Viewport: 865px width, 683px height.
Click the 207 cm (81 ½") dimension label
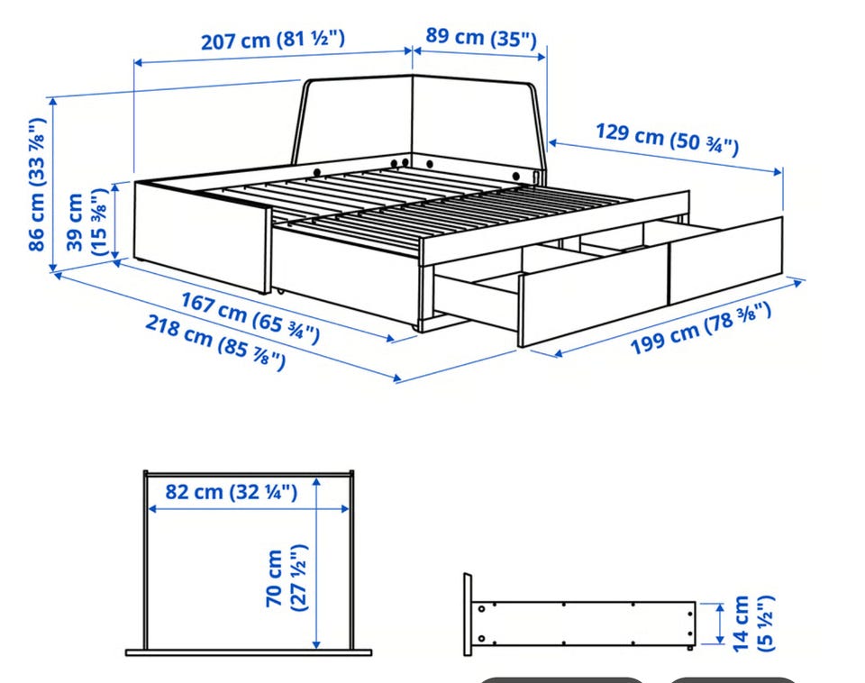point(272,41)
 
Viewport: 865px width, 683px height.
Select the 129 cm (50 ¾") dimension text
point(667,139)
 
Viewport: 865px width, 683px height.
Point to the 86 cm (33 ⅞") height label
point(37,185)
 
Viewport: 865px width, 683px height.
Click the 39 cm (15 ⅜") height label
point(85,222)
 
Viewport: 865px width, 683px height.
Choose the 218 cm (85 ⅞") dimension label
point(215,342)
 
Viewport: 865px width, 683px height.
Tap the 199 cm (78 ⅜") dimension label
point(700,328)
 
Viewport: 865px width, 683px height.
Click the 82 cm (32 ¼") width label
point(232,491)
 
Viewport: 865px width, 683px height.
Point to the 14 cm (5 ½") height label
point(754,623)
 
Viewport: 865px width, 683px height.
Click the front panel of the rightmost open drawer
point(725,260)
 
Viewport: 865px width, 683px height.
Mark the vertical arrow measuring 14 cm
point(720,624)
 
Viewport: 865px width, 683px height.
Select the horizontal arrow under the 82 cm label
point(249,509)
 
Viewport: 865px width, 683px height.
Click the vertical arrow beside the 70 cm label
point(316,563)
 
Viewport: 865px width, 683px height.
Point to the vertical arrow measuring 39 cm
point(115,222)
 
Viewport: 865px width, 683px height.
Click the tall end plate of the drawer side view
point(468,615)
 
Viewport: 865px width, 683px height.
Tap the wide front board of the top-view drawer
point(249,652)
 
